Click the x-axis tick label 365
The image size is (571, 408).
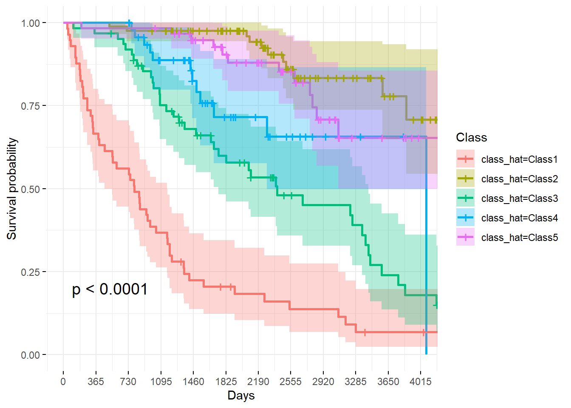96,382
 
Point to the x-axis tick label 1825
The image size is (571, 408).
226,382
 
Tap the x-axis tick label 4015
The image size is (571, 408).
420,382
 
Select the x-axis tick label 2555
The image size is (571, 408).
291,382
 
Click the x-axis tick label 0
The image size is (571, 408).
63,382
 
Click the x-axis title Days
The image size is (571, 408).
241,396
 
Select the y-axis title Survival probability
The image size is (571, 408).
12,189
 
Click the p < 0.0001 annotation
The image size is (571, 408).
110,289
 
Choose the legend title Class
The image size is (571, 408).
471,137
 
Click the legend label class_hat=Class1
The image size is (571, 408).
519,159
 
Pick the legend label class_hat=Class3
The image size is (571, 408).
519,198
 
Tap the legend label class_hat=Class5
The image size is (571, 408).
519,238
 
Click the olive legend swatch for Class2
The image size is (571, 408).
465,179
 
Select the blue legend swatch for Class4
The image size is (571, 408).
465,218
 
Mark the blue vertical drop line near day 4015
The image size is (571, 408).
426,255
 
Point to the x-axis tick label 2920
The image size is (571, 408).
323,382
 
